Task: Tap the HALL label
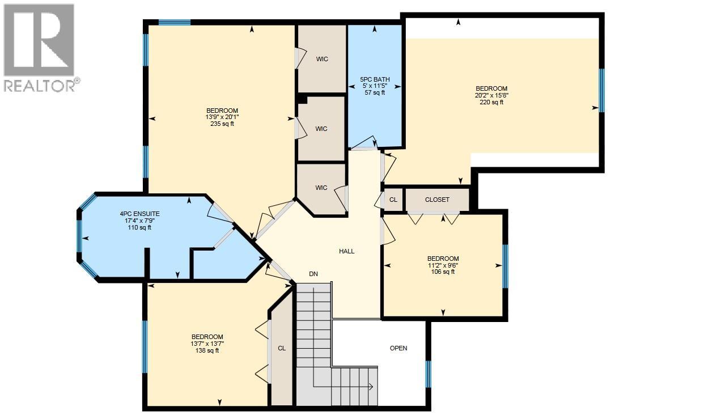(x=346, y=251)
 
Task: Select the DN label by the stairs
(x=313, y=274)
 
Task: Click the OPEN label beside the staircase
(x=398, y=348)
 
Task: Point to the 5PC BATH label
(x=375, y=79)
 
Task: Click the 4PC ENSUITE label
(x=135, y=214)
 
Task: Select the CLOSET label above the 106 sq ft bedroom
(x=437, y=200)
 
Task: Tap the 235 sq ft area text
(x=222, y=124)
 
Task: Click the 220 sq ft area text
(x=491, y=102)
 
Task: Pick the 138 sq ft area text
(x=207, y=350)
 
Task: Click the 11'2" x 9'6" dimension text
(x=443, y=265)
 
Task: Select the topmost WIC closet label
(x=322, y=59)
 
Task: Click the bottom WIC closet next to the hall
(x=321, y=188)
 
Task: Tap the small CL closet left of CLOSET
(x=393, y=200)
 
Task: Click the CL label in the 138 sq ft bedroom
(x=282, y=349)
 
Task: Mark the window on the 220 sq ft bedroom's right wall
(x=601, y=90)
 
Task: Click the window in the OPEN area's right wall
(x=428, y=374)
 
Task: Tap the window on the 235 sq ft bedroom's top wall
(x=174, y=23)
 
